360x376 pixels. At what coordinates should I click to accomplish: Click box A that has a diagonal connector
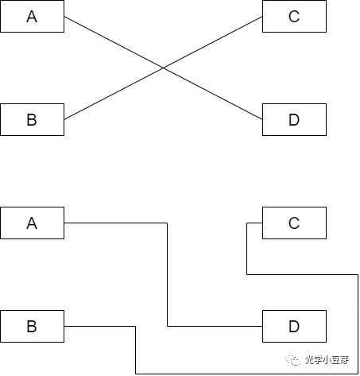(32, 17)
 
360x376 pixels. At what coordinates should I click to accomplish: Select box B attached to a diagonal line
(32, 119)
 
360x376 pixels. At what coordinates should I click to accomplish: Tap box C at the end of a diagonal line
(294, 17)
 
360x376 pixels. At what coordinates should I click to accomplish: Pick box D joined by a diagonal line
(294, 119)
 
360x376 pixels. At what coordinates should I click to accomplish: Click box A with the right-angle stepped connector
(32, 223)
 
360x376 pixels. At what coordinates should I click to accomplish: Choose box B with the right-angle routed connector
(32, 326)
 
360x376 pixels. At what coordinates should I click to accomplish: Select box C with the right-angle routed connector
(294, 223)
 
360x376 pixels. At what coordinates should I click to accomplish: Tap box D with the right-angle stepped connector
(294, 326)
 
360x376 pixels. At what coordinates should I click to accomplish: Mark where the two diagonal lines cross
(163, 68)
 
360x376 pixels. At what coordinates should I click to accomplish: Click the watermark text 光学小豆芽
(327, 360)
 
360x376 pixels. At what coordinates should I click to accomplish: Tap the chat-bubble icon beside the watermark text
(293, 360)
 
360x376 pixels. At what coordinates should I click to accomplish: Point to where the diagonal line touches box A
(64, 17)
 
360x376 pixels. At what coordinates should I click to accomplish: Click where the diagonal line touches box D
(262, 119)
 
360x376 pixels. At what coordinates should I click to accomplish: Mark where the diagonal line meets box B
(64, 119)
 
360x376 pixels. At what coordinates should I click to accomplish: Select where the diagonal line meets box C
(262, 17)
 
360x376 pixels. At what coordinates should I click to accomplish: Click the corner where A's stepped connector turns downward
(167, 223)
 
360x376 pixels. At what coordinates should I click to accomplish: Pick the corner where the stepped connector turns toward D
(167, 326)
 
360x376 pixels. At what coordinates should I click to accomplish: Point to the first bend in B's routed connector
(135, 326)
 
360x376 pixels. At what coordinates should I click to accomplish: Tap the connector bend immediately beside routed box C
(247, 223)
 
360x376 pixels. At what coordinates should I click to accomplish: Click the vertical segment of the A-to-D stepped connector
(167, 274)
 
